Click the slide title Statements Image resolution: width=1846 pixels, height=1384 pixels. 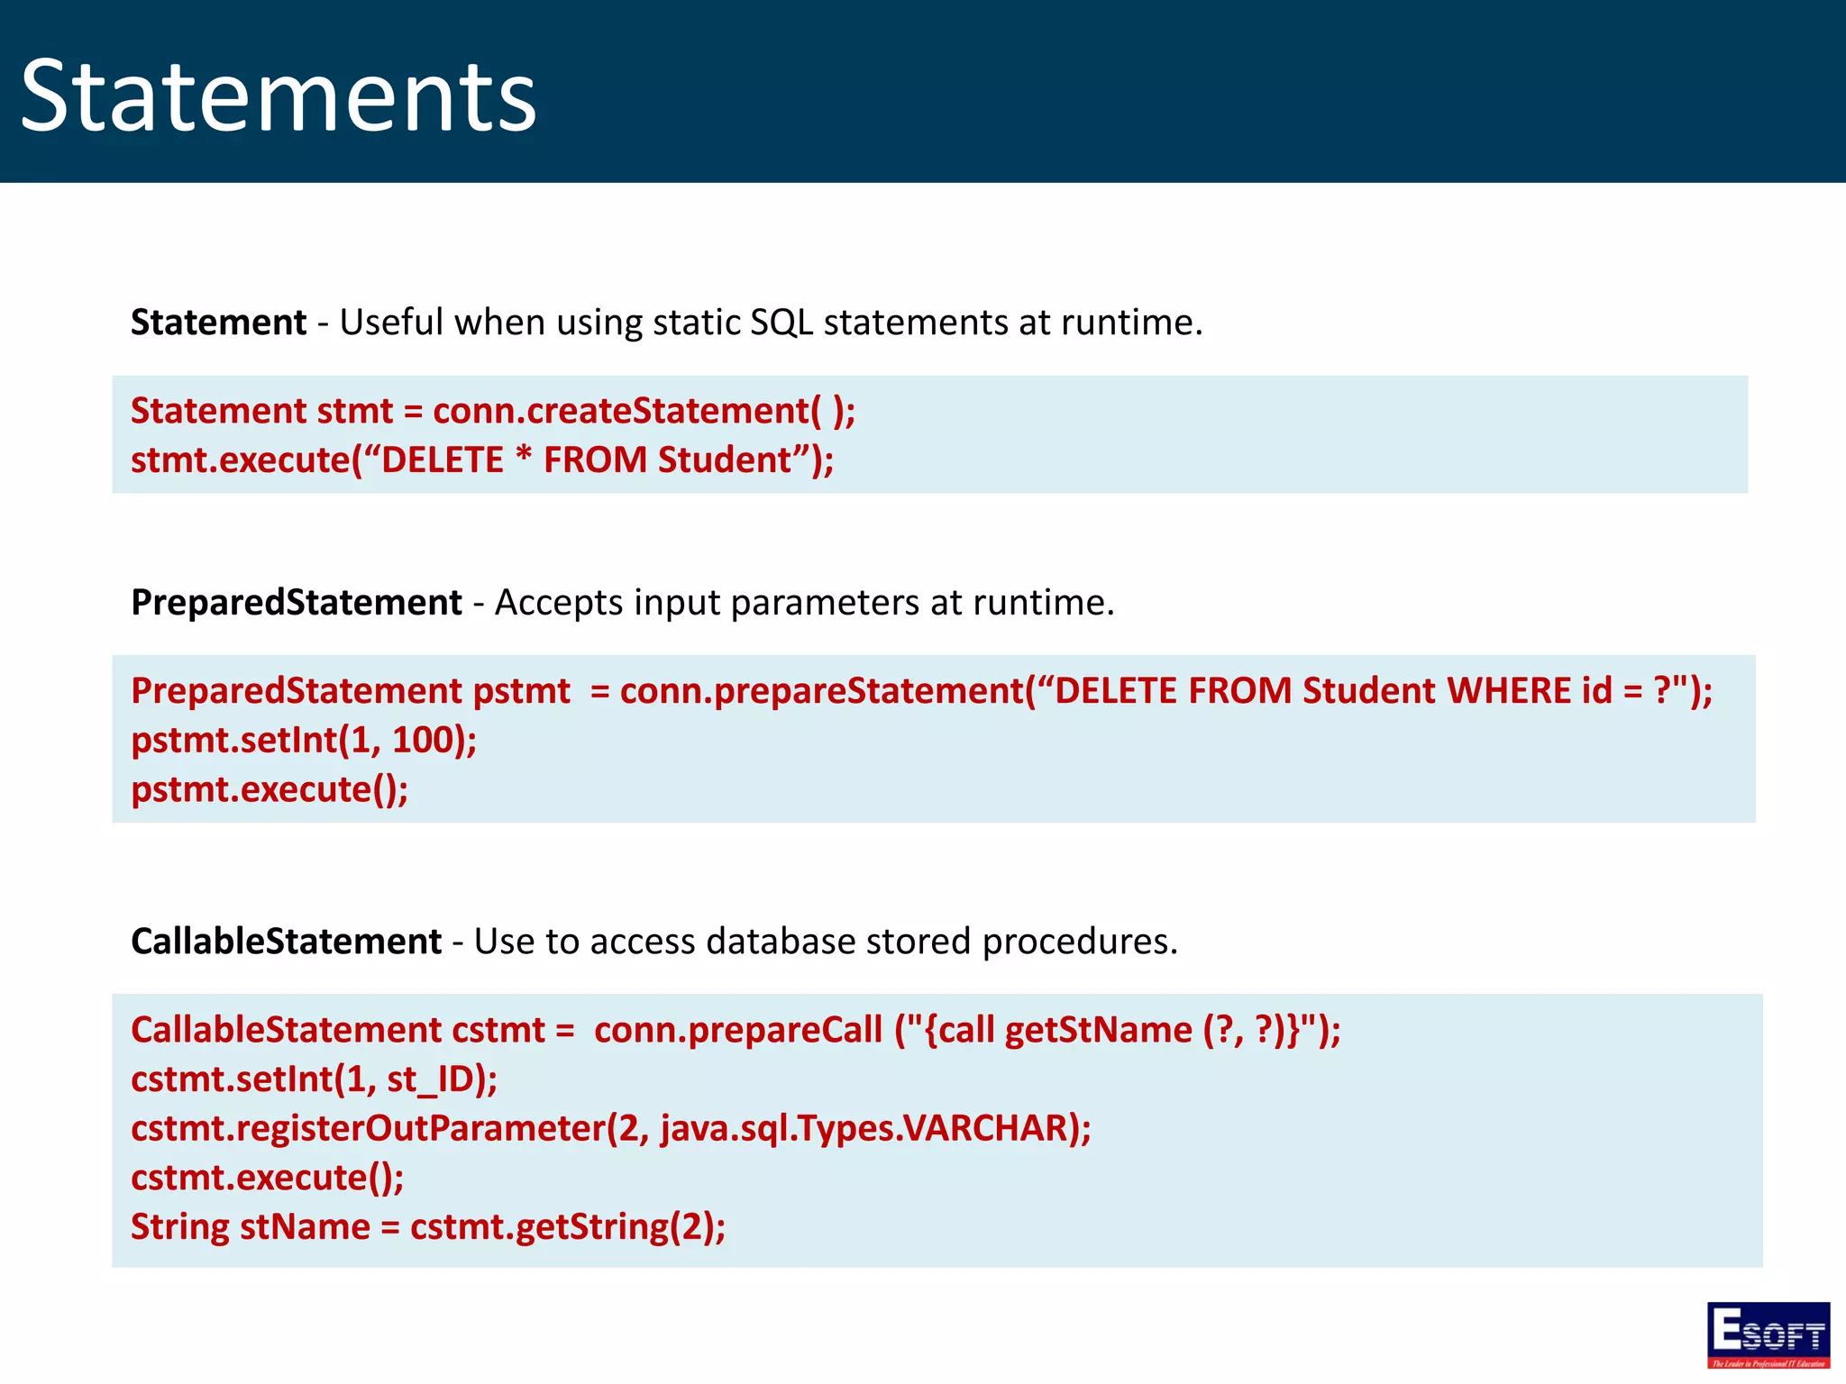(278, 96)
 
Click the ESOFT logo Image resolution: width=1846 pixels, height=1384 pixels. (1768, 1334)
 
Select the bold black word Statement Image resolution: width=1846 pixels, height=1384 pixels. (218, 323)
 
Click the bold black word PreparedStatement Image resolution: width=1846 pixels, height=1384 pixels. (296, 603)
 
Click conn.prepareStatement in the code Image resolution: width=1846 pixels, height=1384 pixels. (822, 691)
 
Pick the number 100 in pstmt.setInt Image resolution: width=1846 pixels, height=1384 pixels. (421, 741)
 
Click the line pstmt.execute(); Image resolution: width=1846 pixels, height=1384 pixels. (270, 789)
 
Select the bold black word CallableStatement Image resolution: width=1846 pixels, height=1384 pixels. (286, 942)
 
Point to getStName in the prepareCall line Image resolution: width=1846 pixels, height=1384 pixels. (1098, 1030)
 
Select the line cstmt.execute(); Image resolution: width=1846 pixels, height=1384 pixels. (267, 1178)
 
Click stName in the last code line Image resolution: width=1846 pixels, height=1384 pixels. (305, 1227)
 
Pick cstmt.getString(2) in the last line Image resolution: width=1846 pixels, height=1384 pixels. (561, 1227)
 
